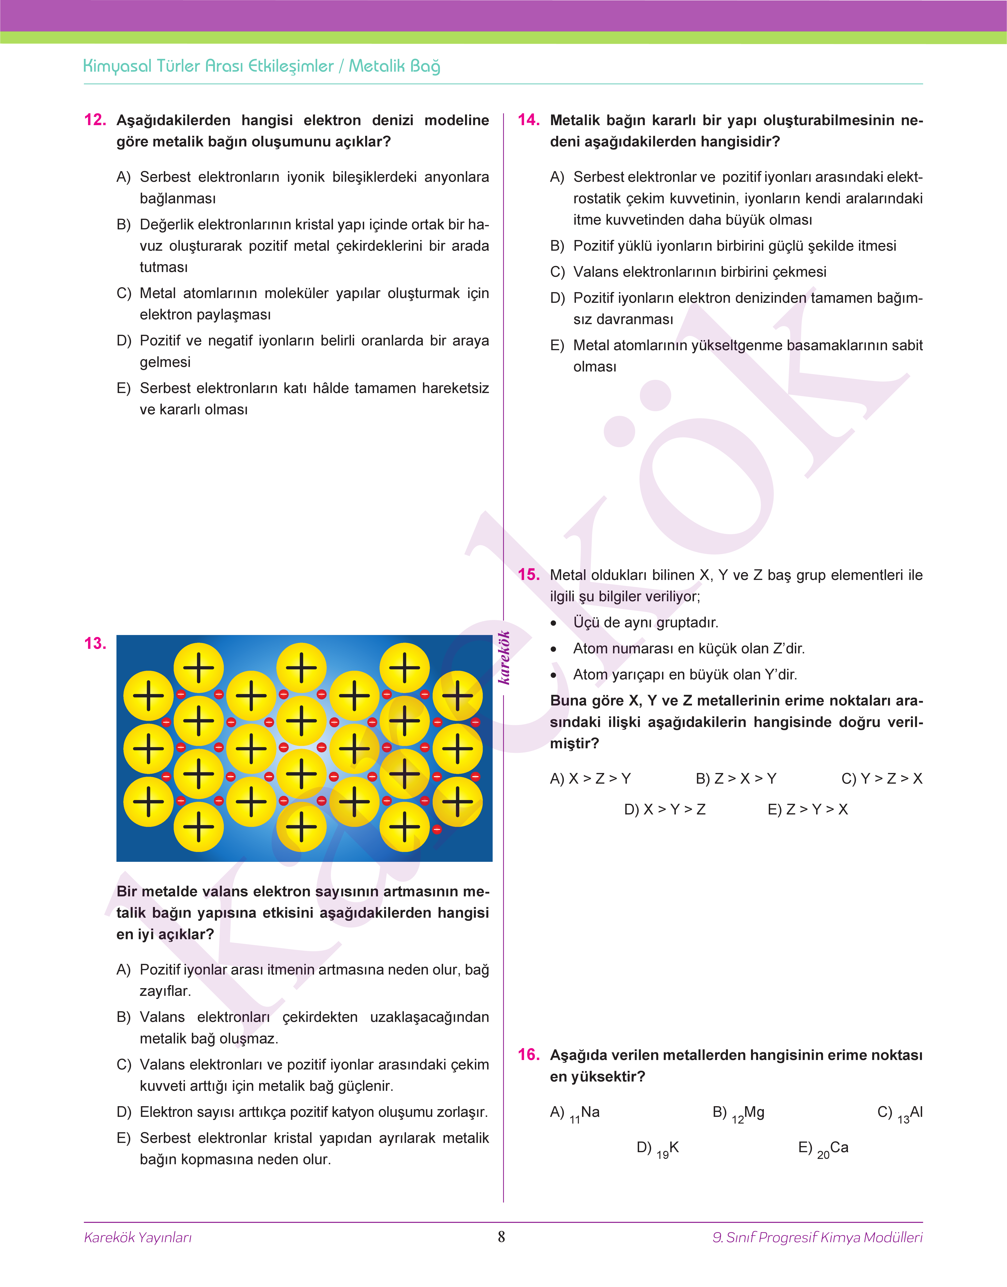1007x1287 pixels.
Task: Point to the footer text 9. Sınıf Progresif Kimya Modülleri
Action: tap(817, 1237)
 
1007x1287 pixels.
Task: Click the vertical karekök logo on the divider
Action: tap(504, 657)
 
